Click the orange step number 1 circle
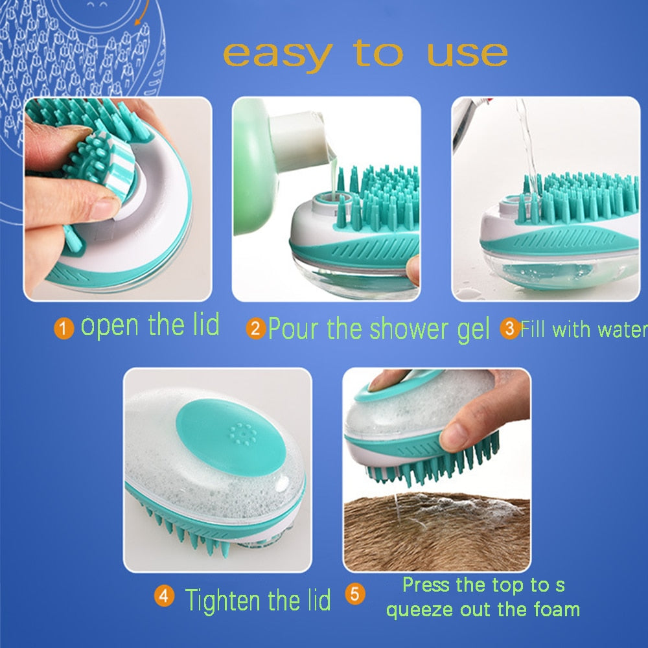tap(63, 329)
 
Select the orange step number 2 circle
tap(255, 330)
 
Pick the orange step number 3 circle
tap(509, 329)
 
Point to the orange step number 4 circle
tap(165, 596)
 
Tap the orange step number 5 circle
tap(354, 594)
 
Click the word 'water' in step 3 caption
tap(622, 329)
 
